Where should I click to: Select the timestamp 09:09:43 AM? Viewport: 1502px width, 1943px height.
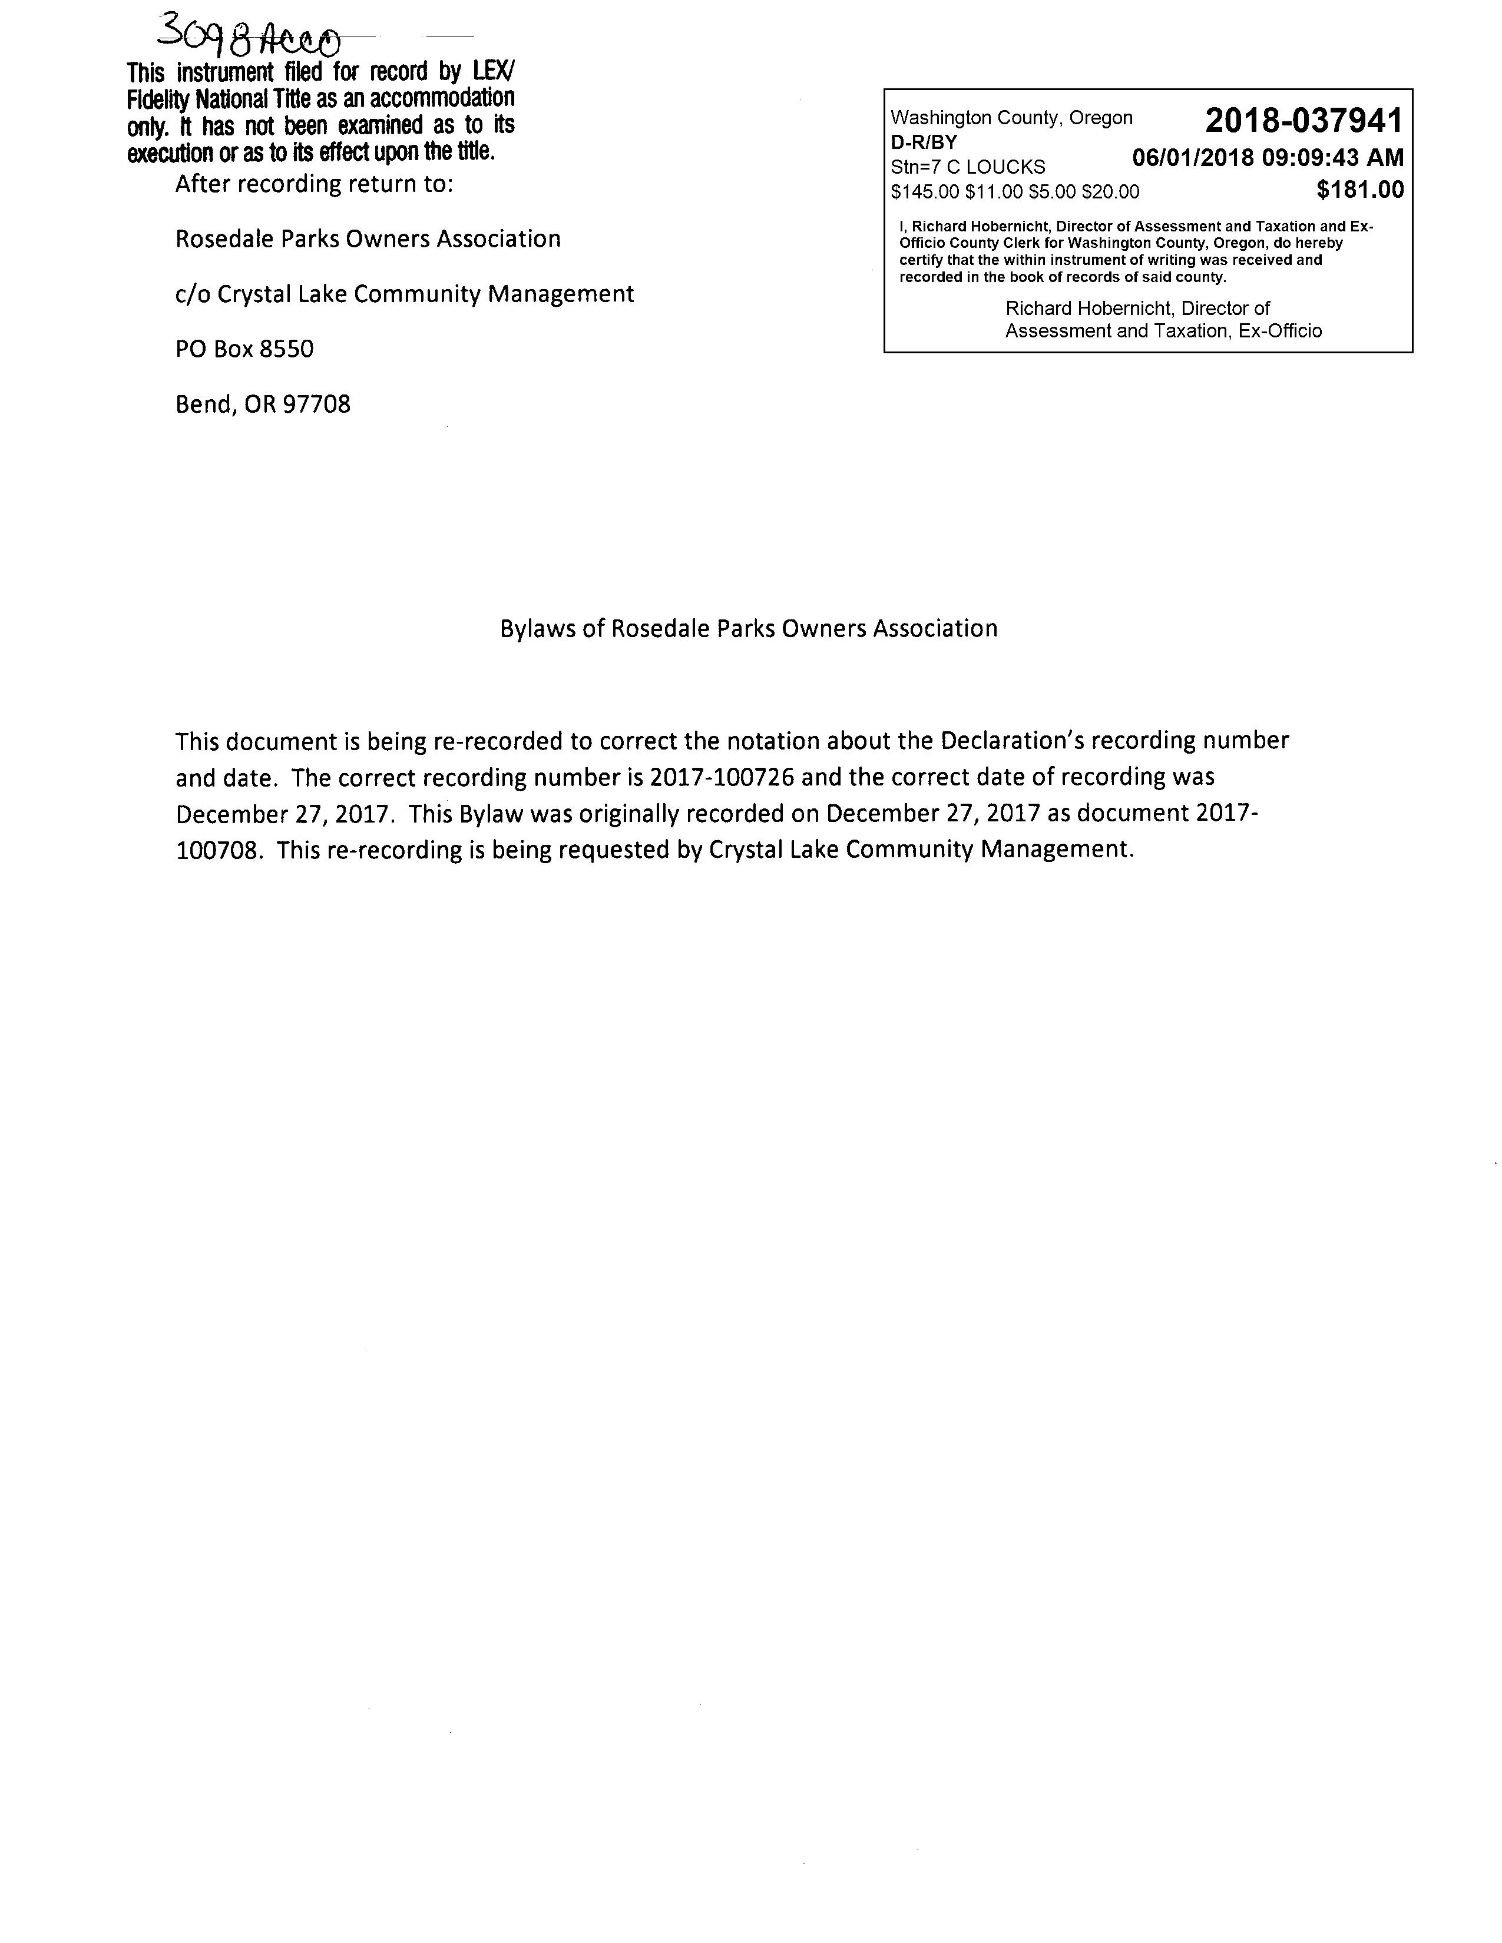tap(1333, 158)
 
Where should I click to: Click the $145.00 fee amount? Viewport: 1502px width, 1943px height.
tap(925, 191)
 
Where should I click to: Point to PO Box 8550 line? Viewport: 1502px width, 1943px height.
tap(244, 349)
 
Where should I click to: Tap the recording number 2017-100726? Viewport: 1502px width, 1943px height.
tap(722, 778)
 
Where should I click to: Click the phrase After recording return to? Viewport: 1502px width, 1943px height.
tap(314, 184)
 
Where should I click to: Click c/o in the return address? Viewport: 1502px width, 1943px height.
tap(192, 294)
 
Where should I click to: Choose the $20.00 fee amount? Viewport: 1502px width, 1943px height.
tap(1110, 191)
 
